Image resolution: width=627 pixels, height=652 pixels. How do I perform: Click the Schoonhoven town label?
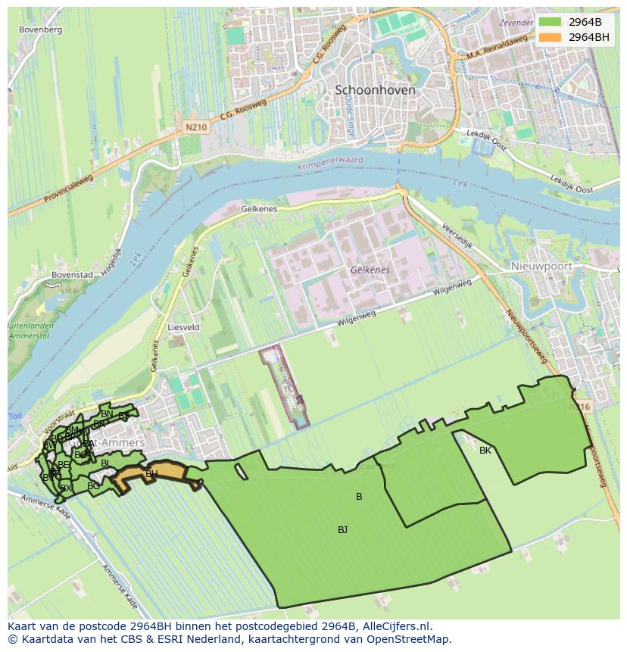point(375,89)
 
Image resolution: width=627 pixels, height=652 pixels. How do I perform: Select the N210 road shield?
point(195,128)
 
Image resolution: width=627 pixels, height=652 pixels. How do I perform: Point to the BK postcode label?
point(485,451)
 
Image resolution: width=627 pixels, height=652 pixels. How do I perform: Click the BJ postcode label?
point(342,530)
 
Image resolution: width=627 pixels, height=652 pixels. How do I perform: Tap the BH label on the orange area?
point(151,475)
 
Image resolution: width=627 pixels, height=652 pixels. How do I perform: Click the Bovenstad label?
point(73,276)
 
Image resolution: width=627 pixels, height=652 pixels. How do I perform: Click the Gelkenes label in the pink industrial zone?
point(370,270)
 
